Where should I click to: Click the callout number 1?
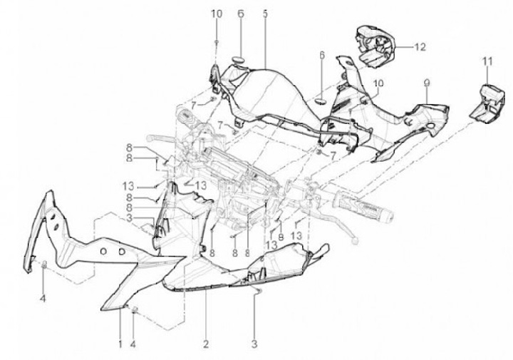pyautogui.click(x=120, y=344)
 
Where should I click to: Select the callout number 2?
pyautogui.click(x=205, y=344)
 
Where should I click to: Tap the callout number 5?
pyautogui.click(x=265, y=14)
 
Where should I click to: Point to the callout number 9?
pyautogui.click(x=426, y=84)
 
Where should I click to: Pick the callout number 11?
pyautogui.click(x=487, y=61)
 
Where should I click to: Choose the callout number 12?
pyautogui.click(x=420, y=47)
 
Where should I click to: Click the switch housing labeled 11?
pyautogui.click(x=487, y=104)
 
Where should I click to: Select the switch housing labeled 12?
pyautogui.click(x=375, y=46)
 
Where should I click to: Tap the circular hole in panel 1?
pyautogui.click(x=103, y=252)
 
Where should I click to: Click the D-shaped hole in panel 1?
pyautogui.click(x=121, y=252)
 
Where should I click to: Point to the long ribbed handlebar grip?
pyautogui.click(x=363, y=206)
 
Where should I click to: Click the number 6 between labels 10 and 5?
pyautogui.click(x=241, y=14)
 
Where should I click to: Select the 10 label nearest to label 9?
pyautogui.click(x=378, y=83)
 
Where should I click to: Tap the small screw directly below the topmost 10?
pyautogui.click(x=217, y=42)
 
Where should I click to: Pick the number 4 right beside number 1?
pyautogui.click(x=133, y=344)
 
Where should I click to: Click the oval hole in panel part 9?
pyautogui.click(x=430, y=126)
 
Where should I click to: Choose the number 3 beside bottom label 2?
pyautogui.click(x=254, y=344)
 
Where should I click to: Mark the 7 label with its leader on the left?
pyautogui.click(x=194, y=106)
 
